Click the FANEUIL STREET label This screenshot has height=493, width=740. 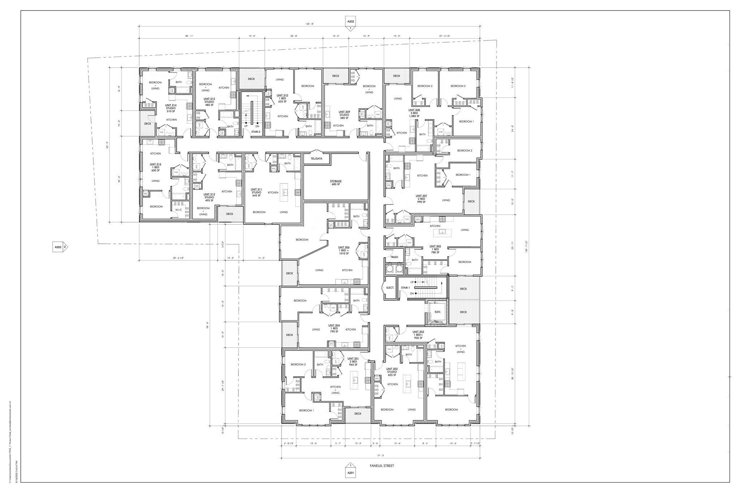382,466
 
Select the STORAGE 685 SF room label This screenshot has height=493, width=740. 335,183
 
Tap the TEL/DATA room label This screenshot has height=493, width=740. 316,159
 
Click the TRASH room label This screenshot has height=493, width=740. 394,257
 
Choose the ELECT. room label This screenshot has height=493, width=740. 390,287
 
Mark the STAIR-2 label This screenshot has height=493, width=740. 256,132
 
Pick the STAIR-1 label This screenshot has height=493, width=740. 405,287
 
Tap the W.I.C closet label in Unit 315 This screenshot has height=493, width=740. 178,210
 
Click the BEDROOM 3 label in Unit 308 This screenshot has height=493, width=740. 425,86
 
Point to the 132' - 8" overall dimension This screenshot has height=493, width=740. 310,24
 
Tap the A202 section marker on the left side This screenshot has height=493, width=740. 58,247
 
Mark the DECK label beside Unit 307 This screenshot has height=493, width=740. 471,202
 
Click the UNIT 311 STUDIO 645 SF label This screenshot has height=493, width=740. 256,193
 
